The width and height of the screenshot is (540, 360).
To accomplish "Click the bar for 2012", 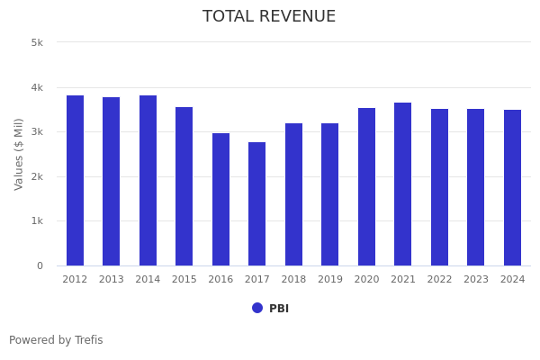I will click(75, 180).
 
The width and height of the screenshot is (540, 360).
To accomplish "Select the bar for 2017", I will click(257, 203).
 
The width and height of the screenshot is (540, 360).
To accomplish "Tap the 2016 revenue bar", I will click(220, 199).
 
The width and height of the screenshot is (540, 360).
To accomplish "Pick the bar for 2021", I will click(403, 184).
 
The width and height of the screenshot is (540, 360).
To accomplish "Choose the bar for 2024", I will click(512, 187).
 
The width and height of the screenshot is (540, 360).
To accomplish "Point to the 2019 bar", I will click(330, 194).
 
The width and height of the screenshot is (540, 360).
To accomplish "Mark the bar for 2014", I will click(148, 180).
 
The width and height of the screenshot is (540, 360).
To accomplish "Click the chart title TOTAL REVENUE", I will click(269, 17).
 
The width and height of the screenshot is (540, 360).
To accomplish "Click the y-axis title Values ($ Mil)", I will click(19, 154).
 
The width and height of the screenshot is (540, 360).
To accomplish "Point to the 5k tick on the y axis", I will click(37, 42).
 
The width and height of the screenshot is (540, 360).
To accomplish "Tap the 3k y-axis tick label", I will click(37, 132).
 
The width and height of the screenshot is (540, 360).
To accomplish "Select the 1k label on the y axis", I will click(37, 221).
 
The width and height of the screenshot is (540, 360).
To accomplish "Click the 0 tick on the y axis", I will click(40, 265).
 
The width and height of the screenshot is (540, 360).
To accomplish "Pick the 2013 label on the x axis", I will click(112, 280).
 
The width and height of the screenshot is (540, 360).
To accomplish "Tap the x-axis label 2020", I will click(366, 280).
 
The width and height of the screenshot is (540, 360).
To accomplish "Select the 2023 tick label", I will click(476, 280).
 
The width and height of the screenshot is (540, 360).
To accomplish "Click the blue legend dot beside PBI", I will click(257, 308).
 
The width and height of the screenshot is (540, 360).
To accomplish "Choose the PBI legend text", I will click(279, 309).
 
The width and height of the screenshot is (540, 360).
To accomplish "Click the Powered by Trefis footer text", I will click(56, 340).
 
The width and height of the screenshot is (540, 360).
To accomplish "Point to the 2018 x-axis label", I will click(293, 280).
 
